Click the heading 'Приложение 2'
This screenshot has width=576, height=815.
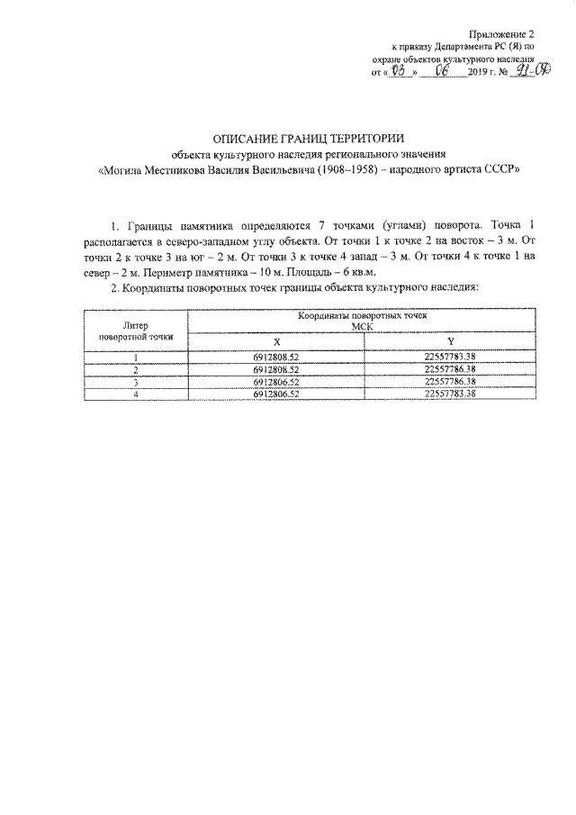(508, 32)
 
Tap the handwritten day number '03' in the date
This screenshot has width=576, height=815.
(401, 70)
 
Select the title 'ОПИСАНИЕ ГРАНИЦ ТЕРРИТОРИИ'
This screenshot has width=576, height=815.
(308, 139)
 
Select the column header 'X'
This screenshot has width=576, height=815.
(276, 341)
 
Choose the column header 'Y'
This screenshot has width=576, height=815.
(450, 341)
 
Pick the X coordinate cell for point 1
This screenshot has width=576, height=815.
(276, 358)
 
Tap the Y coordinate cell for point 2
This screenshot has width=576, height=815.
(450, 369)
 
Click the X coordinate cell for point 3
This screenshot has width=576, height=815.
(276, 381)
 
